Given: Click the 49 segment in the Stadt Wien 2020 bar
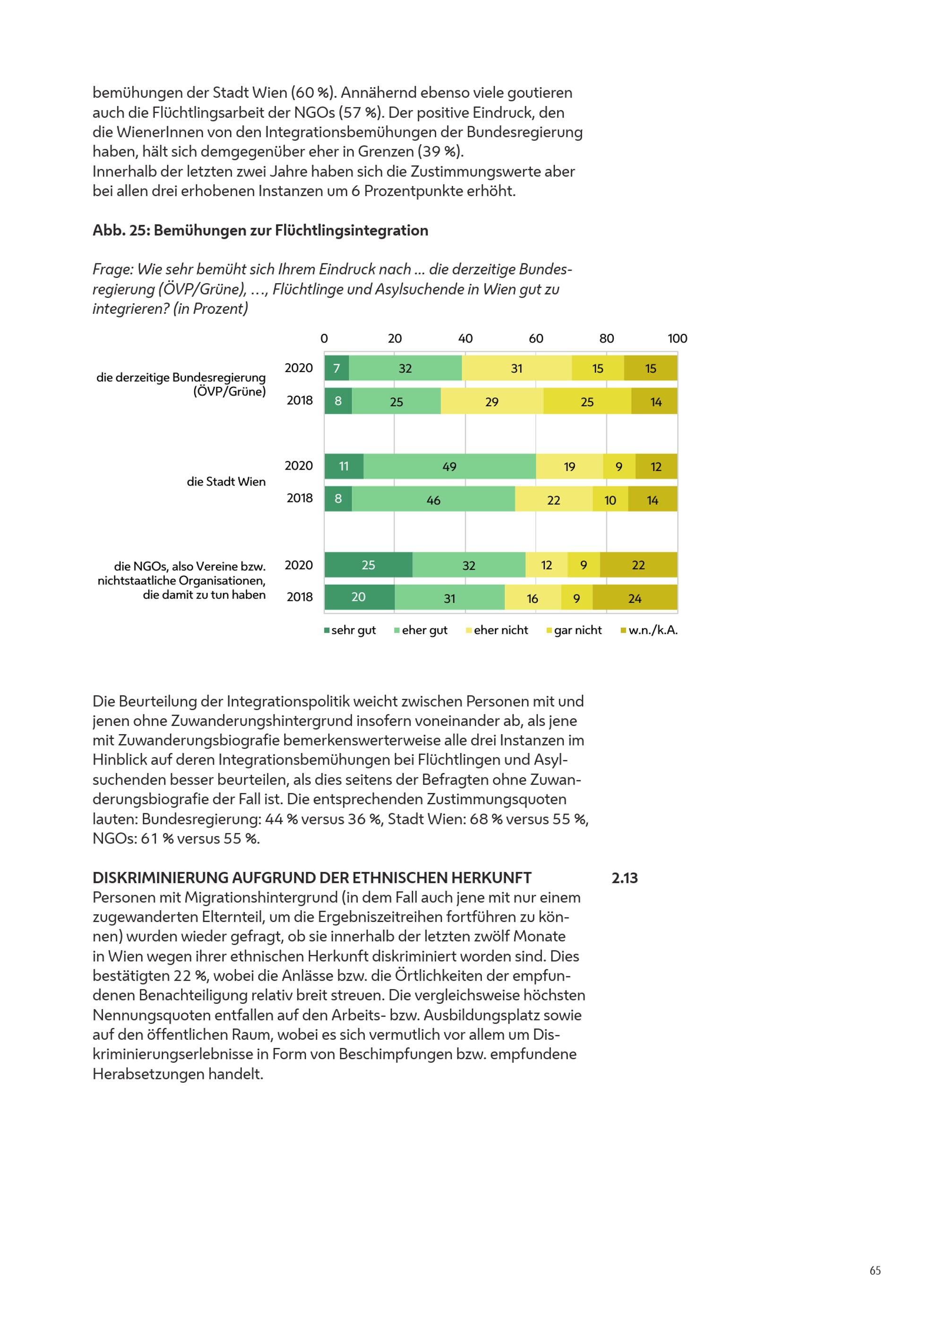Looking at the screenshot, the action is (x=449, y=466).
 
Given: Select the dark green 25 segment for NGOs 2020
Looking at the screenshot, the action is (x=368, y=565).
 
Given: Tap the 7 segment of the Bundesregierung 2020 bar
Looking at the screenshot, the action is (x=336, y=368).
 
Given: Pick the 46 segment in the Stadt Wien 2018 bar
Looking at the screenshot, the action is (x=433, y=500).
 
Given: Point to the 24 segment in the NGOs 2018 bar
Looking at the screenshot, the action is (x=635, y=598).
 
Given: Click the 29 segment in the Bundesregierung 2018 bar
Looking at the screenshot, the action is (x=492, y=401).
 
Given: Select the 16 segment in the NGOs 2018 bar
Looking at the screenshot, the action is (x=533, y=598).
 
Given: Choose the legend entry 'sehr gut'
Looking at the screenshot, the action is (x=350, y=630).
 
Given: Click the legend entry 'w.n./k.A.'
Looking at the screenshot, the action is (x=649, y=630).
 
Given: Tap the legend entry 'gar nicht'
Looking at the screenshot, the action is (x=574, y=630).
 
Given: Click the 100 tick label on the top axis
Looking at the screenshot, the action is (x=677, y=339).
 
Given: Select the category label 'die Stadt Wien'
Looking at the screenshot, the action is (x=226, y=481).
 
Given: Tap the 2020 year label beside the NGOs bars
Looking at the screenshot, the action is (x=299, y=565).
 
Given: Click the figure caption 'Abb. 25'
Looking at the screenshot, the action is (x=121, y=231).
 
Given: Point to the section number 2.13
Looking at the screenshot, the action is (x=625, y=878).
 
